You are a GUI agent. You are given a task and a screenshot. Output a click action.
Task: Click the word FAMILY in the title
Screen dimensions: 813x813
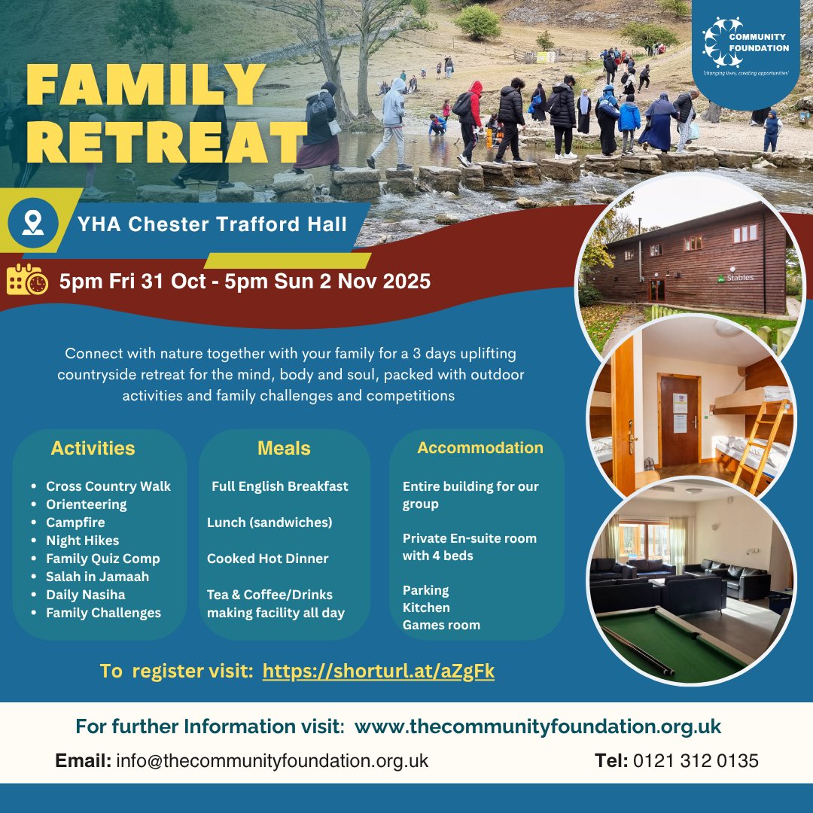tap(147, 86)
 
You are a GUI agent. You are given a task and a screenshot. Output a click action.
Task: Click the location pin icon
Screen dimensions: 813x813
tap(32, 222)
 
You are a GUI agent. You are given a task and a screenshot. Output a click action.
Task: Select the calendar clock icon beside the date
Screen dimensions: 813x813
tap(27, 281)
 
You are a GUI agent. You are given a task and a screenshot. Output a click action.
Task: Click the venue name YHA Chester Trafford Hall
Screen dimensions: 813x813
tap(213, 224)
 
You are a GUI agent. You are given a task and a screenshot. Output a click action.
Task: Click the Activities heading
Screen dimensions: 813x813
tap(93, 449)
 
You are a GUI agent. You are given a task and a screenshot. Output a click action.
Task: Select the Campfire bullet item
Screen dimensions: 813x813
tap(75, 522)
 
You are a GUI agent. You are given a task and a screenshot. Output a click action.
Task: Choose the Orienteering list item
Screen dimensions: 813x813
tap(86, 504)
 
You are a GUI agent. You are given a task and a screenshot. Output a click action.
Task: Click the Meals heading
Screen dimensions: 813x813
tap(284, 449)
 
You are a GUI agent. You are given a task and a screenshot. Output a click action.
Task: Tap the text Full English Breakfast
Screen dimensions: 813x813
tap(279, 486)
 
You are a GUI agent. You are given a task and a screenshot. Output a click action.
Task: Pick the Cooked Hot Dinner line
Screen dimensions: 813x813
tap(268, 559)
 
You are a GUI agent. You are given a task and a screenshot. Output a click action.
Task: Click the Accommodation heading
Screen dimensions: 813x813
tap(480, 448)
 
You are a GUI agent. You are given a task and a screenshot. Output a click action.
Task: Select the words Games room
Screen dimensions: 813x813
tap(441, 625)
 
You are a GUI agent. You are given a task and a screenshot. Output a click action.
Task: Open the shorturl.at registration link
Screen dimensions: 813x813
tap(378, 671)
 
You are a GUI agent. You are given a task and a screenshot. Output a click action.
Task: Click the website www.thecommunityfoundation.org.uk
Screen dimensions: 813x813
tap(537, 727)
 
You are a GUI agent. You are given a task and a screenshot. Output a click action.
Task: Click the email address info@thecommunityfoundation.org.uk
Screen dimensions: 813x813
tap(272, 761)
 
